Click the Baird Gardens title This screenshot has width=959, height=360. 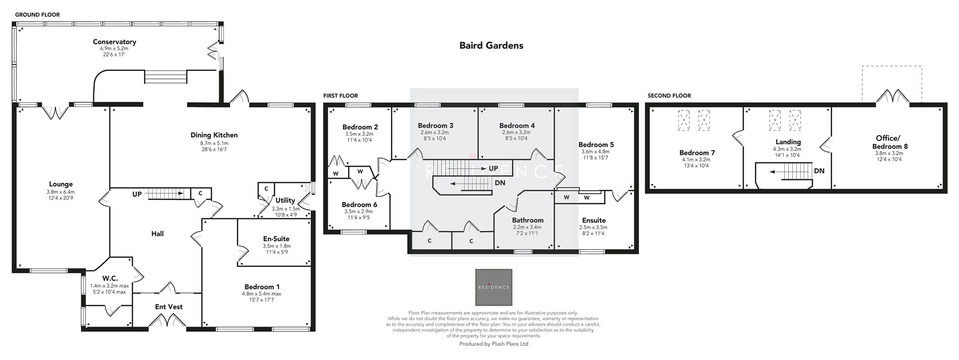(x=491, y=45)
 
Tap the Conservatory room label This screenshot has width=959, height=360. (x=114, y=42)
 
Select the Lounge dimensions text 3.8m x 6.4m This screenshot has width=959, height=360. (x=60, y=192)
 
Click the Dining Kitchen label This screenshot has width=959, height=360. (x=214, y=135)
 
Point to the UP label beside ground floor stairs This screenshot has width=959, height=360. (x=137, y=194)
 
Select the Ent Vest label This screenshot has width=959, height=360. (x=168, y=307)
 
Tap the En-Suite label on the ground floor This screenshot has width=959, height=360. (x=276, y=239)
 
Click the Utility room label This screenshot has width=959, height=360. (x=285, y=201)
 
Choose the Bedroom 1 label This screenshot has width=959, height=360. (x=262, y=287)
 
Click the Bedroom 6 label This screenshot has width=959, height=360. (x=359, y=204)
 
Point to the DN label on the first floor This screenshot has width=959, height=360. (x=500, y=183)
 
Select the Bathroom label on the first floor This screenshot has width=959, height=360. (x=527, y=220)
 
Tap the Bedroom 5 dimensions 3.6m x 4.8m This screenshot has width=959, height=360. (x=595, y=152)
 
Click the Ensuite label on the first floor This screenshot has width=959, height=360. (x=593, y=220)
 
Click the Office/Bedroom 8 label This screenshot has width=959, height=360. (x=889, y=142)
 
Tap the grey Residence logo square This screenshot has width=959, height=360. (x=493, y=287)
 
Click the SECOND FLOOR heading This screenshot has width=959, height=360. (x=669, y=95)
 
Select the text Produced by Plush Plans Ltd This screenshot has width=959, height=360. (x=493, y=344)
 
